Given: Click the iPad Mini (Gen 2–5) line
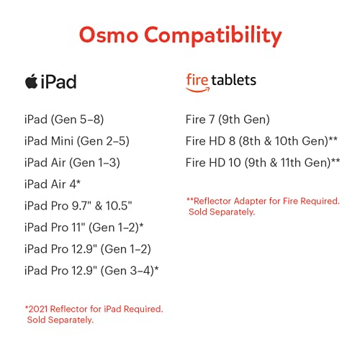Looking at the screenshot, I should tap(77, 140).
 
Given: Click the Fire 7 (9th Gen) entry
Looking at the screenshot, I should tap(228, 119).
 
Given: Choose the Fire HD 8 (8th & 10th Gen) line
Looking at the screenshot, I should tap(262, 140).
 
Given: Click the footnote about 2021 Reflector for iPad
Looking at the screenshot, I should tap(94, 314).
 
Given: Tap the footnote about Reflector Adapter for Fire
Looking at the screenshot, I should tap(263, 207).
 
